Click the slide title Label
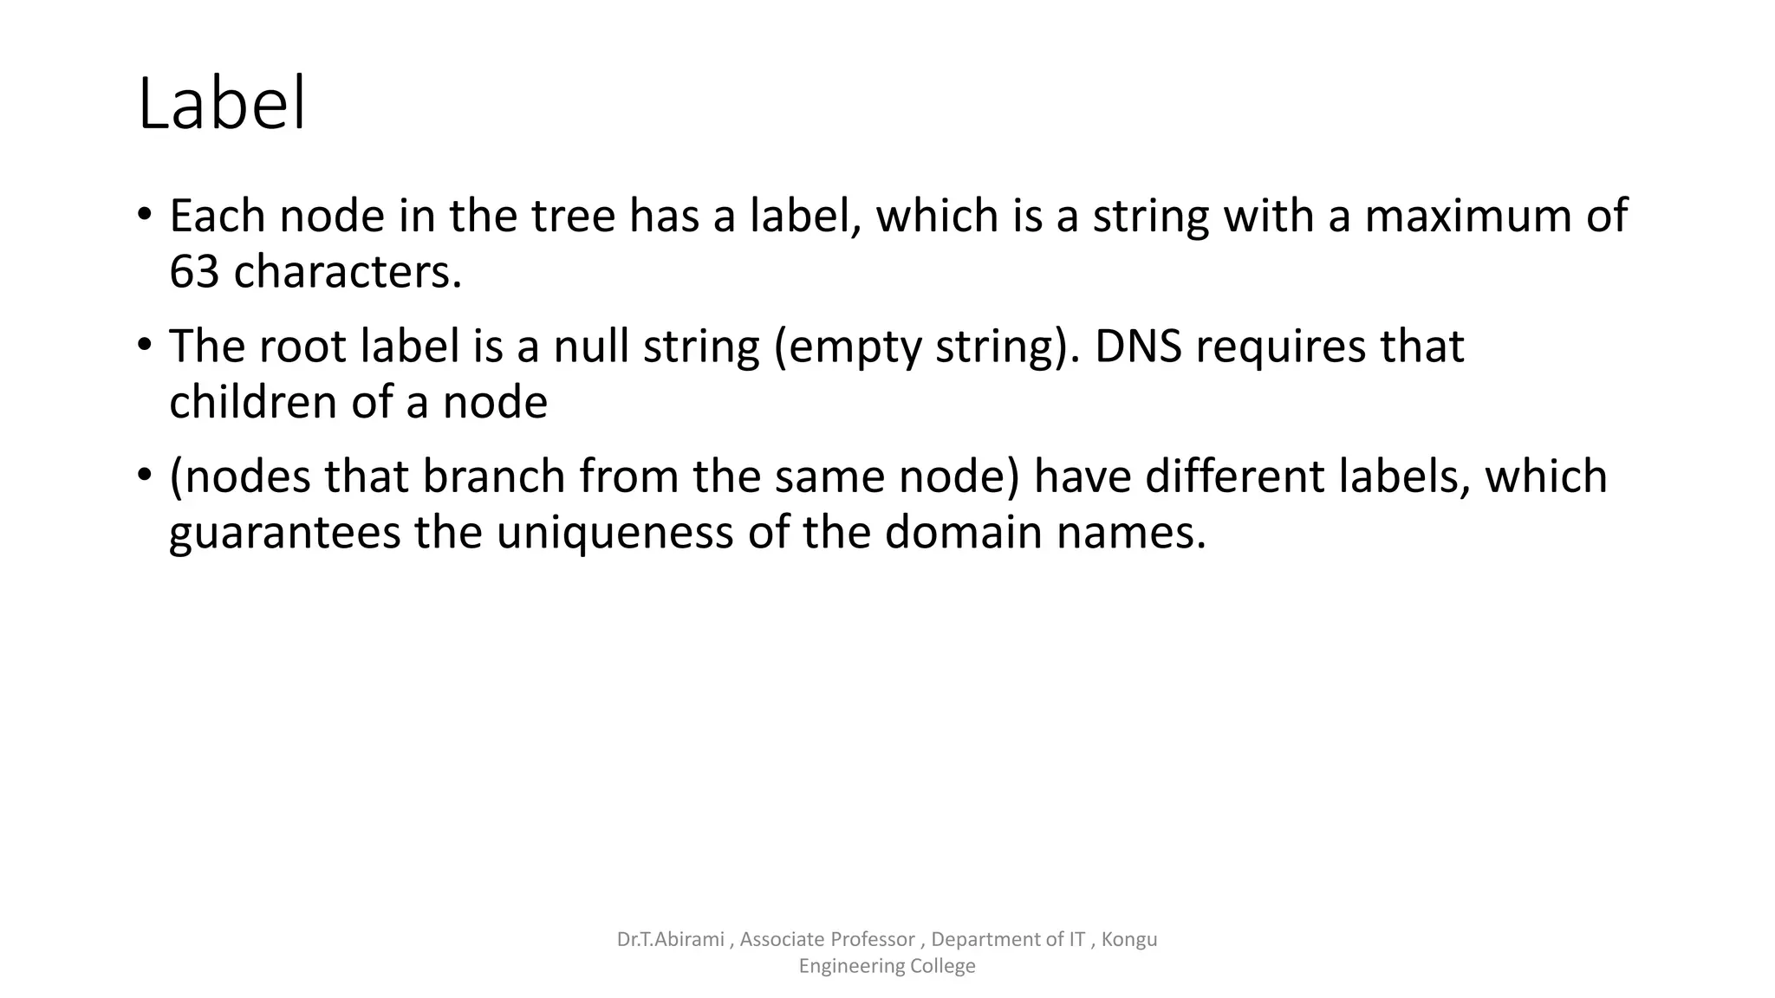coord(222,104)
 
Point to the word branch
coord(494,476)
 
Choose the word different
coord(1234,476)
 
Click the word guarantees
coord(284,533)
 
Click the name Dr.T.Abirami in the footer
coord(670,939)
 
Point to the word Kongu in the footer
coord(1129,939)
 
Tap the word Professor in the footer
coord(872,939)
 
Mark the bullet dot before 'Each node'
coord(145,213)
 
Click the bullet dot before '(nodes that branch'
coord(145,475)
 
